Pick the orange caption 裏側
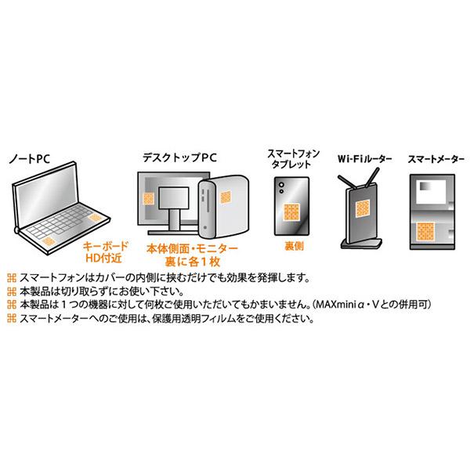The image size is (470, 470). [x=295, y=245]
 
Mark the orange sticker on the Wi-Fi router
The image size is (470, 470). [x=362, y=208]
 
